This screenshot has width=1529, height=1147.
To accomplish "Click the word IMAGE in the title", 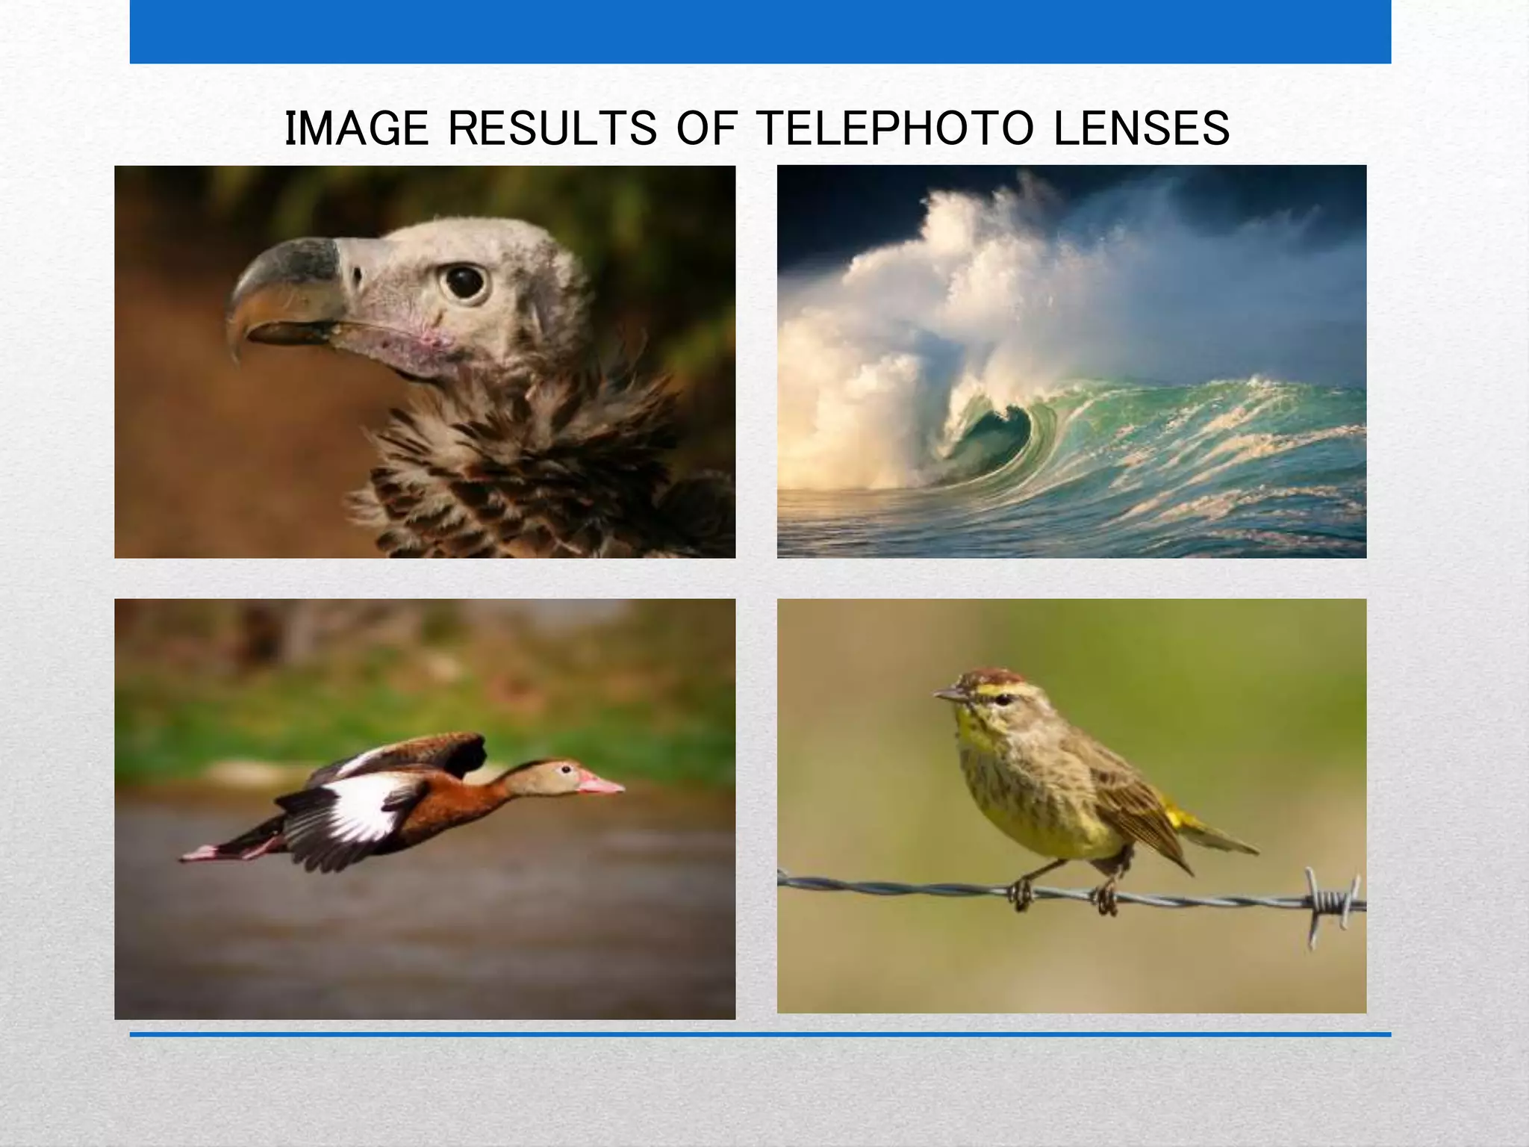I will (x=357, y=128).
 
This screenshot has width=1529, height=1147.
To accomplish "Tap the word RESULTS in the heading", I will (x=552, y=128).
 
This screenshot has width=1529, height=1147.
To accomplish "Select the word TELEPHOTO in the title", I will (x=895, y=128).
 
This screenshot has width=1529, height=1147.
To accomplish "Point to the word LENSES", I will (x=1142, y=128).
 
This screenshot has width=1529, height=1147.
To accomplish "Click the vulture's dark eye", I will (x=464, y=282).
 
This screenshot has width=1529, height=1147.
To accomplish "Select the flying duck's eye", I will (x=568, y=768).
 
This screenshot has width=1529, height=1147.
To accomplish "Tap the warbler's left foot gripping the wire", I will (x=1019, y=894).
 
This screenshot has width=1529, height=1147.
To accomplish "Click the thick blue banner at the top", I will (x=760, y=31).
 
